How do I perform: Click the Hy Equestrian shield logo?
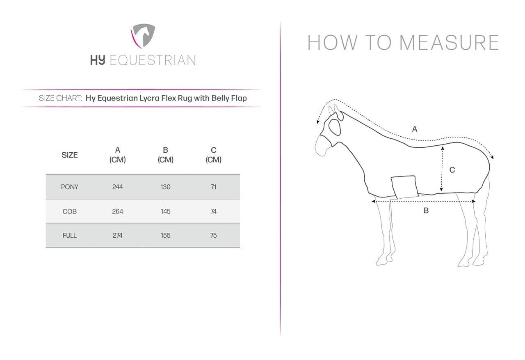(x=143, y=36)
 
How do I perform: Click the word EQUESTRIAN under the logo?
(x=153, y=60)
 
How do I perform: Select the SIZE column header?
(x=70, y=155)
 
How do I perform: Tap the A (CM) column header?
(x=118, y=155)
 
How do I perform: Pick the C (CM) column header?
(x=214, y=155)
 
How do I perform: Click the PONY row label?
(x=70, y=187)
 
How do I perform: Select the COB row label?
(x=70, y=211)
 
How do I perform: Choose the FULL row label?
(x=70, y=236)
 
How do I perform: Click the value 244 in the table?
(x=117, y=187)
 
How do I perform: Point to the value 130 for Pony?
(x=165, y=187)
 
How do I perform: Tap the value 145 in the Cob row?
(x=165, y=211)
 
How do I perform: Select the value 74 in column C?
(x=214, y=211)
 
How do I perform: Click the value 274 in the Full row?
(x=117, y=236)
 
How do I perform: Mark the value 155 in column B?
(x=165, y=236)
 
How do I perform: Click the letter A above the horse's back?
(x=415, y=129)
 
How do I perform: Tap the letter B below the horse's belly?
(x=426, y=210)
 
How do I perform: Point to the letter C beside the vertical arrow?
(x=452, y=170)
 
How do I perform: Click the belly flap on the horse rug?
(x=404, y=187)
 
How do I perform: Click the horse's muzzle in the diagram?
(x=323, y=147)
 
